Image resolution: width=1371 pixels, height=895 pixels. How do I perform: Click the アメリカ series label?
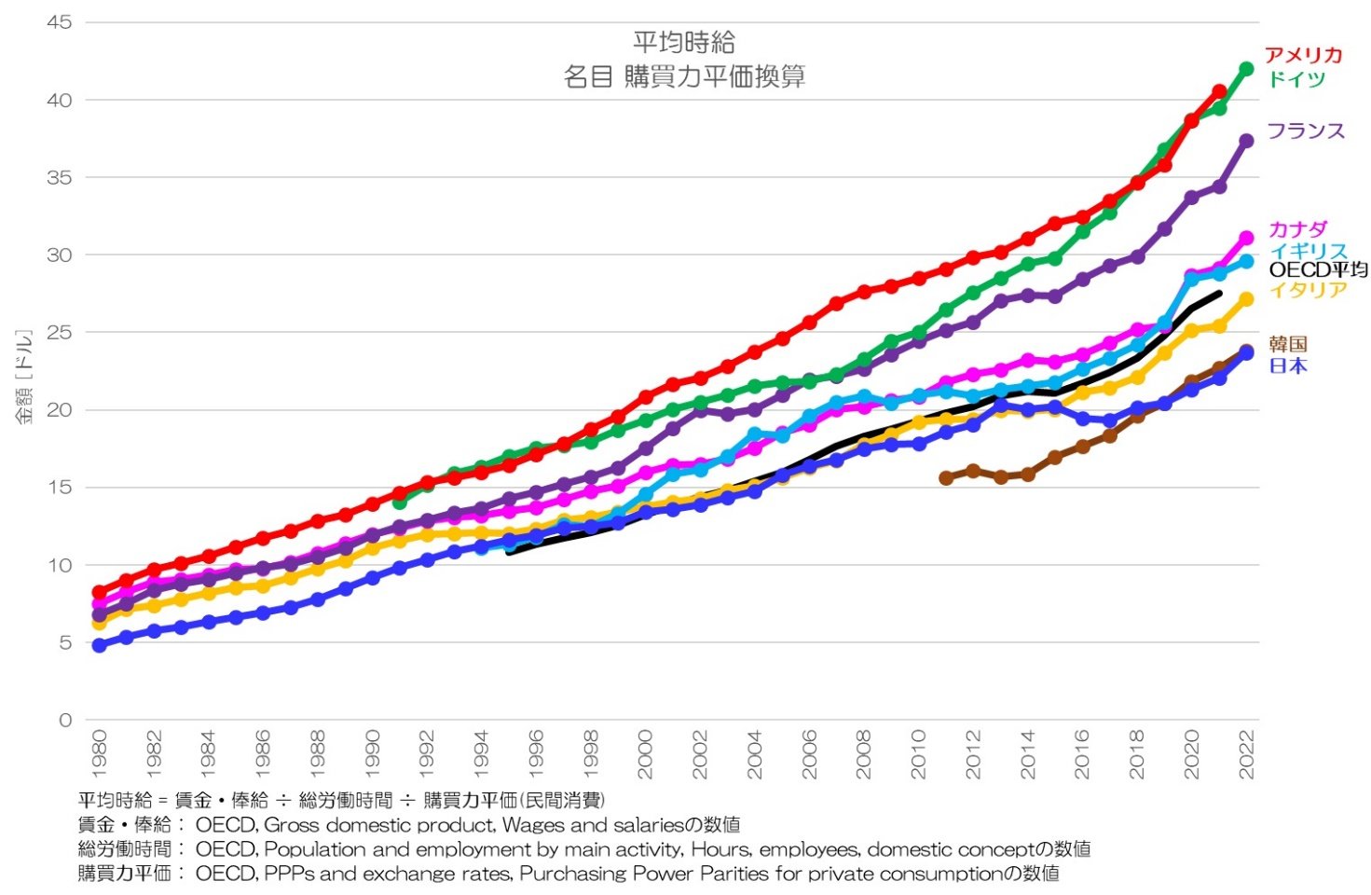click(x=1303, y=55)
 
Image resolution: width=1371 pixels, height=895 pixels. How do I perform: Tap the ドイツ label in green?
click(x=1296, y=79)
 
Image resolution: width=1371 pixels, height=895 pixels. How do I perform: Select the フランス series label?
click(x=1306, y=131)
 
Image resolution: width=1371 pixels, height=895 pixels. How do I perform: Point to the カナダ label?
click(x=1297, y=229)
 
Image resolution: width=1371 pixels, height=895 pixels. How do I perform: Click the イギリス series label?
click(x=1308, y=251)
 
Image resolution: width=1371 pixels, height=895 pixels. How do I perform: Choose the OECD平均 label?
click(x=1318, y=270)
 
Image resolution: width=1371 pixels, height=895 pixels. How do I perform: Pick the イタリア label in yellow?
click(x=1308, y=290)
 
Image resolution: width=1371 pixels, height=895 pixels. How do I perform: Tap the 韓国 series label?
click(x=1288, y=344)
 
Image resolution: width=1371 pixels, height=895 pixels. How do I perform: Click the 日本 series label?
click(x=1288, y=366)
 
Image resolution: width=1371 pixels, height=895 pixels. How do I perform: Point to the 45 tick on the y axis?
click(x=60, y=22)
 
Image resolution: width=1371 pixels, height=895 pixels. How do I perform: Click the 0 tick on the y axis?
click(x=65, y=720)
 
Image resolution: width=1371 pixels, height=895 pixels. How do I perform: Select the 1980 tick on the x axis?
click(x=99, y=754)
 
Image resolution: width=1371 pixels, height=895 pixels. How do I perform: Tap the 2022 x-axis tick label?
click(x=1246, y=754)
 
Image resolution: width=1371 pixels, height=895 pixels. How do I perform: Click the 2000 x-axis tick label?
click(x=645, y=754)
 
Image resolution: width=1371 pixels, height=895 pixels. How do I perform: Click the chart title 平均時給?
click(x=684, y=42)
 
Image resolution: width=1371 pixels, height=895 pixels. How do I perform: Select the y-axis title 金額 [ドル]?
click(x=23, y=377)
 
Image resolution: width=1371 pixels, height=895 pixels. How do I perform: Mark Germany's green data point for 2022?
click(x=1245, y=69)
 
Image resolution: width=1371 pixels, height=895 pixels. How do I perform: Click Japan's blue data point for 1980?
click(x=99, y=645)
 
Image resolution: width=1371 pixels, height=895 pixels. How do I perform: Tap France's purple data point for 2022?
click(x=1245, y=141)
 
